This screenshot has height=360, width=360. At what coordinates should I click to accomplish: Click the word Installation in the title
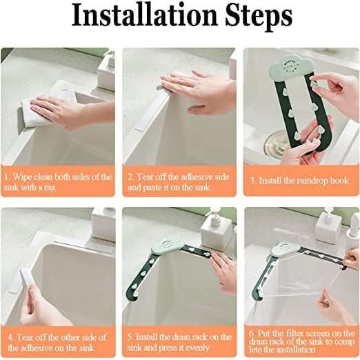click(144, 15)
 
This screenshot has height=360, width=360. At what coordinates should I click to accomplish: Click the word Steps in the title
click(258, 17)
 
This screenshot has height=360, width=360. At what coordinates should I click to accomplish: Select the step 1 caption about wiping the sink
click(58, 182)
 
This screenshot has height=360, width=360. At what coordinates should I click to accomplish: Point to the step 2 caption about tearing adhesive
click(179, 182)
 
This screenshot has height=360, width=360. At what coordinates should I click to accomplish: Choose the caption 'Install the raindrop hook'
click(299, 181)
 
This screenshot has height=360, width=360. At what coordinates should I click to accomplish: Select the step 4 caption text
click(57, 342)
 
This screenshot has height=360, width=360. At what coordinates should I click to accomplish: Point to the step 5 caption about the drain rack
click(179, 342)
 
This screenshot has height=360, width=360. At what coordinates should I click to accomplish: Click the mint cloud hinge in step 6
click(285, 249)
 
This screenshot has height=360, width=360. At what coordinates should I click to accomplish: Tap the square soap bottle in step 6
click(328, 226)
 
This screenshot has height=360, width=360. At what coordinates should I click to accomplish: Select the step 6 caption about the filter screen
click(301, 341)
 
